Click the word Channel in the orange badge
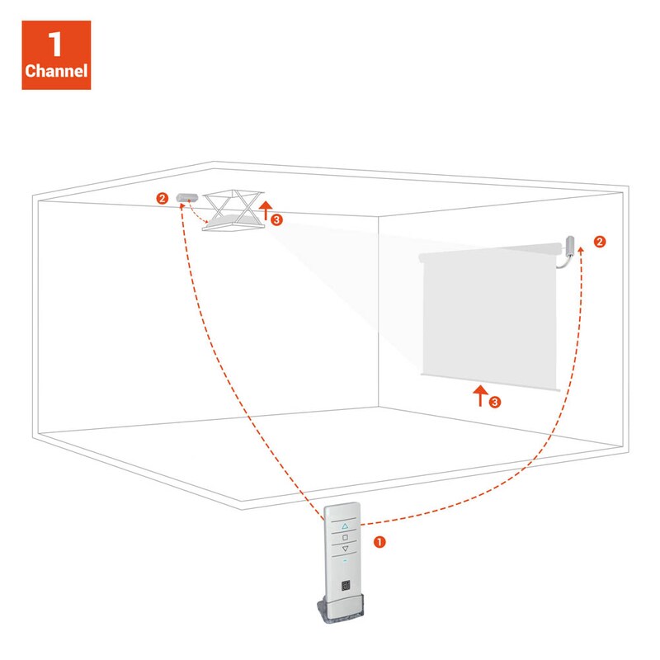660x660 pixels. (56, 70)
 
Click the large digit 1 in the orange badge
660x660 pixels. (55, 44)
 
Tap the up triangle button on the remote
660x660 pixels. (345, 526)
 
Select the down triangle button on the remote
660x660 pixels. (345, 549)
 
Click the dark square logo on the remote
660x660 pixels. (346, 585)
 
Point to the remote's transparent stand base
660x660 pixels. (341, 609)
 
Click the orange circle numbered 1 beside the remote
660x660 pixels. (379, 542)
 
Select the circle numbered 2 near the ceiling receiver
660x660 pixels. (162, 198)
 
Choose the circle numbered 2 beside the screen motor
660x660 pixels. (600, 242)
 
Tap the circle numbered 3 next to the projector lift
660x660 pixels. (276, 219)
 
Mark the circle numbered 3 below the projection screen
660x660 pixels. (494, 402)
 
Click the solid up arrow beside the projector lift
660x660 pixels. (265, 210)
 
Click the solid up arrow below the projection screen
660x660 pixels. (480, 396)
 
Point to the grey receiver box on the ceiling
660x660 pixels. (187, 197)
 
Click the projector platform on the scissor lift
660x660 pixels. (233, 222)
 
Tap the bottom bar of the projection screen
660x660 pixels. (491, 382)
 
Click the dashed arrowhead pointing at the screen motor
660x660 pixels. (581, 250)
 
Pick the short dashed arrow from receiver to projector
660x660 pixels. (196, 214)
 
